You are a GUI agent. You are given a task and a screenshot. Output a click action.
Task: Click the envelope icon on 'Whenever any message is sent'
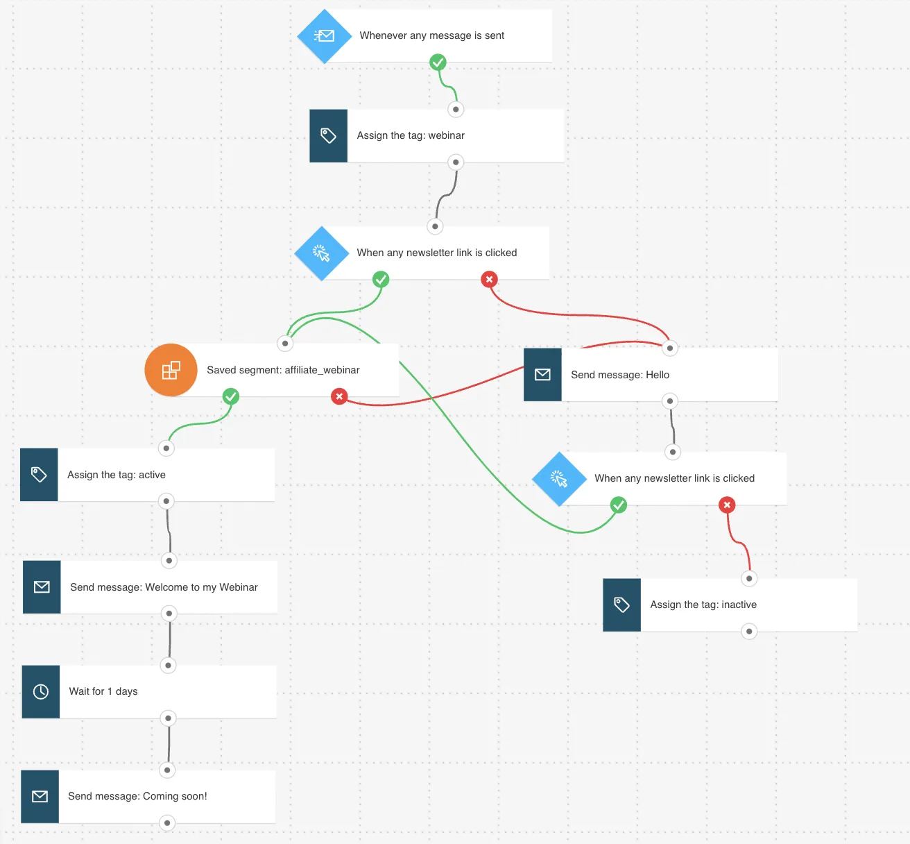point(325,36)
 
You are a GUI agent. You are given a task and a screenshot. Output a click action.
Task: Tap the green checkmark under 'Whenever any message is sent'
point(438,62)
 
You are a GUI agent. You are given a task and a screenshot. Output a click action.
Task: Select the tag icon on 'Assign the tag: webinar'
point(328,136)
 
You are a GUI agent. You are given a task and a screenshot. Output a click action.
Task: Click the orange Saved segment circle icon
point(171,370)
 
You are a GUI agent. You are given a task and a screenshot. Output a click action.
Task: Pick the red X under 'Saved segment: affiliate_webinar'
point(339,396)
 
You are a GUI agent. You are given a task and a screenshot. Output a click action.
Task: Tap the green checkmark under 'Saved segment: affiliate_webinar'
point(230,396)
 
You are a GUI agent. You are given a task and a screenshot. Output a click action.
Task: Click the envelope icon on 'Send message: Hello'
point(542,375)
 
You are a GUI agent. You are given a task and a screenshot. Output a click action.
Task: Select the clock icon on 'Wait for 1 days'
point(41,692)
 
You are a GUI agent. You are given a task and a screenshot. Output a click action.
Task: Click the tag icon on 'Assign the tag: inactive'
point(621,605)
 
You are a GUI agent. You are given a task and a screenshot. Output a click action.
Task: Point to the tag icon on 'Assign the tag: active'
point(38,475)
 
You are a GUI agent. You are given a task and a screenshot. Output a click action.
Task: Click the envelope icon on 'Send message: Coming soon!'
point(40,796)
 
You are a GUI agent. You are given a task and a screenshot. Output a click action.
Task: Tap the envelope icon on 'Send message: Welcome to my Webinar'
point(42,587)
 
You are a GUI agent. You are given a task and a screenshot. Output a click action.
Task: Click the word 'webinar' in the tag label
point(446,135)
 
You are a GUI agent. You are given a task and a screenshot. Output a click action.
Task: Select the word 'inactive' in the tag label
point(739,605)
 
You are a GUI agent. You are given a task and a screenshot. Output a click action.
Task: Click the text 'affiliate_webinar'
point(322,370)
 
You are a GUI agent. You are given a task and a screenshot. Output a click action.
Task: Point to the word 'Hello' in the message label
point(658,375)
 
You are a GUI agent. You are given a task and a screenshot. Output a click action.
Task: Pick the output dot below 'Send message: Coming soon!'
point(167,823)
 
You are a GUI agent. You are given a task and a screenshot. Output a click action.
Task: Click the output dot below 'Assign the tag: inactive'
point(748,632)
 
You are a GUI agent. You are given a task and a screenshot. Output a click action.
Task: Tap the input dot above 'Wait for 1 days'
point(168,666)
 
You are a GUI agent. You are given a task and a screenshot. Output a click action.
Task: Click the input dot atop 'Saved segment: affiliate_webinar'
point(285,344)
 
